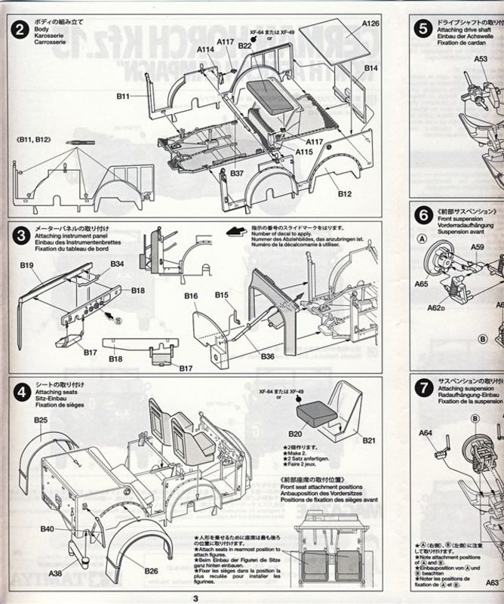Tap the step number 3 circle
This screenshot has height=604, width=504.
point(20,236)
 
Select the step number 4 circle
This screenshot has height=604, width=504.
point(20,390)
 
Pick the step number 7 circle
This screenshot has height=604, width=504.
point(423,390)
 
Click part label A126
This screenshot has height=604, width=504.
point(369,23)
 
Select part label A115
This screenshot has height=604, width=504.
point(304,152)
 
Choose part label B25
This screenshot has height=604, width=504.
point(40,421)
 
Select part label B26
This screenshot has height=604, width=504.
point(151,571)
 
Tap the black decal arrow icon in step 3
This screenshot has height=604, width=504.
point(237,230)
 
